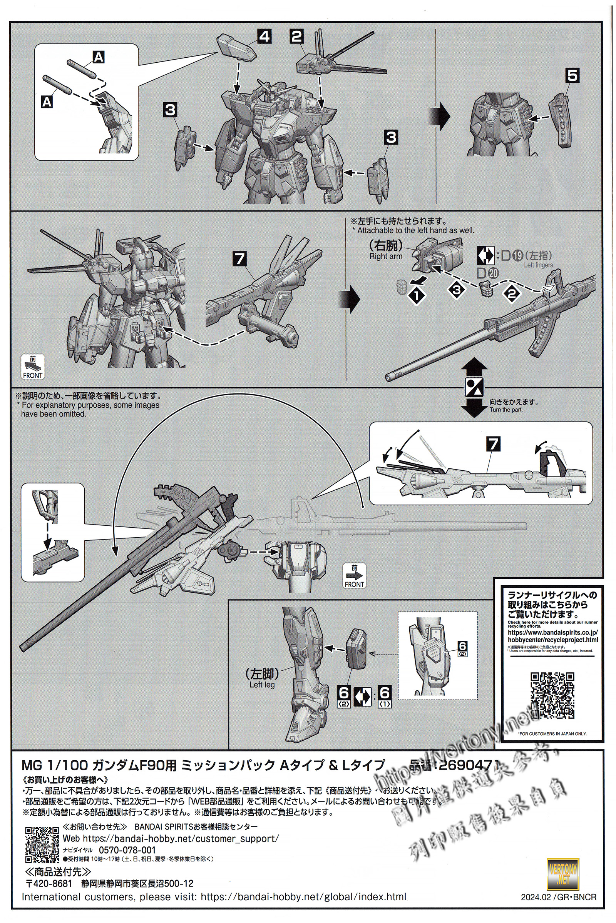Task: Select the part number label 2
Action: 297,37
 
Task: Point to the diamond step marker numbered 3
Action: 457,290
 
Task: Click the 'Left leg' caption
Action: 262,685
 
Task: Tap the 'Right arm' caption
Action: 385,256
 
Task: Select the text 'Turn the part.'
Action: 506,410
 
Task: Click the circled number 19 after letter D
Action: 517,255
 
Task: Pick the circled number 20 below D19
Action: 494,273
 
